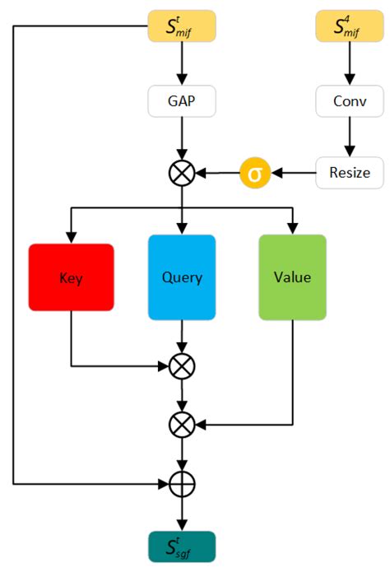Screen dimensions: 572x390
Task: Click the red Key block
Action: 71,277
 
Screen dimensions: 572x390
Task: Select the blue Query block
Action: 182,277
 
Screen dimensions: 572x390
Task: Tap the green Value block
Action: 292,277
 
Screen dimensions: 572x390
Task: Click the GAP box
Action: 182,102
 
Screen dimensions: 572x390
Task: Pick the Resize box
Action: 350,174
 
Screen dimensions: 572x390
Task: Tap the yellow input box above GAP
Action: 182,27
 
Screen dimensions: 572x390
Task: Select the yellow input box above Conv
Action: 350,27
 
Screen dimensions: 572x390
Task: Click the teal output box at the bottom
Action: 182,546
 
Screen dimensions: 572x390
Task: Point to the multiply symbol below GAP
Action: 182,174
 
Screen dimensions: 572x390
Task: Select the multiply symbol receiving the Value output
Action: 182,425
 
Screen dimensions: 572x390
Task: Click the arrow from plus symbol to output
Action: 182,514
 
